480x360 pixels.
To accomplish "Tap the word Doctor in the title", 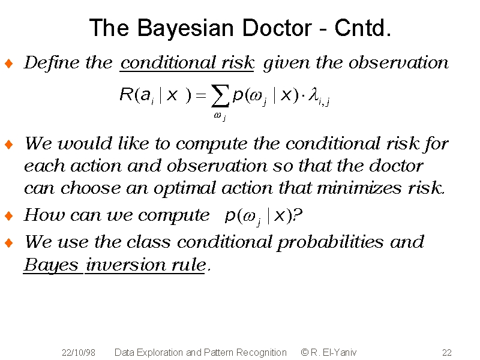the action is point(277,28).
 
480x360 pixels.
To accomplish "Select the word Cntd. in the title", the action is point(363,28).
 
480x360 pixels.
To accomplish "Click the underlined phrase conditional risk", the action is point(187,63).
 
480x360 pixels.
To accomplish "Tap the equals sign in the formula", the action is point(201,95).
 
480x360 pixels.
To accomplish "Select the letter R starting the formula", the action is point(126,94).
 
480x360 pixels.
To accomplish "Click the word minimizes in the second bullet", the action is point(359,188).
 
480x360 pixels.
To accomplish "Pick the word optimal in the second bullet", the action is point(185,188).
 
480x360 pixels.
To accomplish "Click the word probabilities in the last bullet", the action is point(331,242).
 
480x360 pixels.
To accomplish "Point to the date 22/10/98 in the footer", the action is point(79,353).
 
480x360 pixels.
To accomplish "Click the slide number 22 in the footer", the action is point(447,353).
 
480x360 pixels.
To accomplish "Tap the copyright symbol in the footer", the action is point(305,352).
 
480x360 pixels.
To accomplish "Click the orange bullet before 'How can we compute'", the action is point(9,216).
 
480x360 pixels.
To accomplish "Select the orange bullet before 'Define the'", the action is point(9,64).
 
